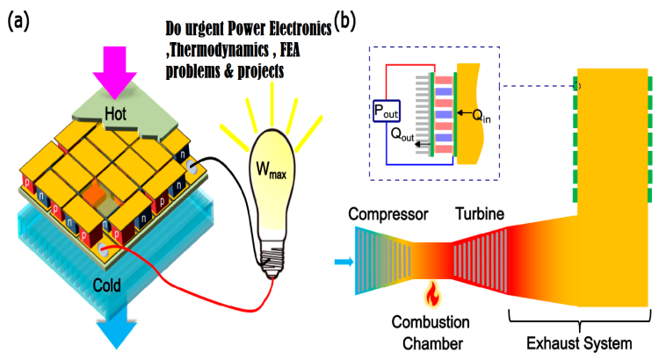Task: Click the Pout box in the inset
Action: click(385, 111)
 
